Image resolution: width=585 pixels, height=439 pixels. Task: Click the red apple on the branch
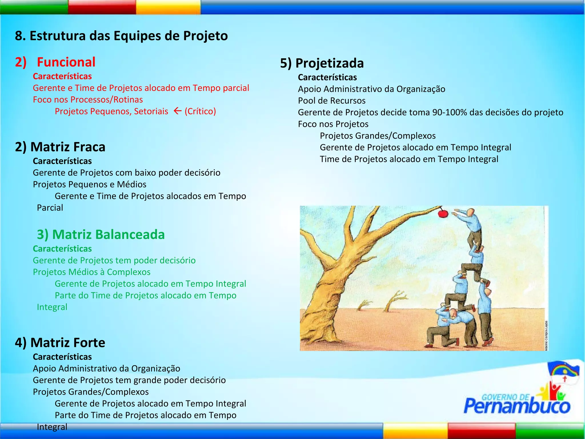point(443,213)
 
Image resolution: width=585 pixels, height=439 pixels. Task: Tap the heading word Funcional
point(66,62)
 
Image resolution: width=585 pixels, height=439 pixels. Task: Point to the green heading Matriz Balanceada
point(101,234)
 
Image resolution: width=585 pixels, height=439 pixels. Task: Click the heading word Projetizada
point(329,63)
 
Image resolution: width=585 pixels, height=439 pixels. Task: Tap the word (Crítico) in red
point(200,111)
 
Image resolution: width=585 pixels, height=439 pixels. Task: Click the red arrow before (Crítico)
point(177,111)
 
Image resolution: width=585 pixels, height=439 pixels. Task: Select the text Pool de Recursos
point(332,101)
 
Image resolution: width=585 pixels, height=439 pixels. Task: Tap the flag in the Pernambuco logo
point(563,372)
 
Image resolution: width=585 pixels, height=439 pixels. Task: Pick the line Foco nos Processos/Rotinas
point(88,99)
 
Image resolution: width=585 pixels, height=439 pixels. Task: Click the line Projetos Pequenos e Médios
point(89,184)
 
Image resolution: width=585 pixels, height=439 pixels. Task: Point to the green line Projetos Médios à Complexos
point(91,272)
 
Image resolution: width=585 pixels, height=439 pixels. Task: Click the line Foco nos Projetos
point(333,124)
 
